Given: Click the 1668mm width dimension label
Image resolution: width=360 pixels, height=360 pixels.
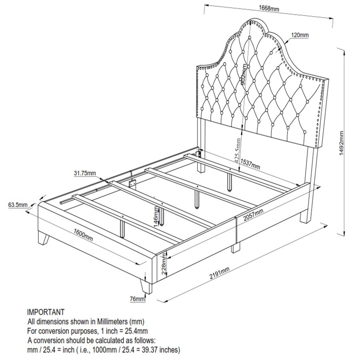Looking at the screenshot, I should click(x=269, y=8).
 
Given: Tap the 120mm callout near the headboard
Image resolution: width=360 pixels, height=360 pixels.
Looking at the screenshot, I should click(x=300, y=35).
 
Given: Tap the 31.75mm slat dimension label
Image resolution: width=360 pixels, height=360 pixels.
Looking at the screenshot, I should click(x=85, y=173).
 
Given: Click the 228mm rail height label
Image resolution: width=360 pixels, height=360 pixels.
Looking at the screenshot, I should click(x=163, y=264).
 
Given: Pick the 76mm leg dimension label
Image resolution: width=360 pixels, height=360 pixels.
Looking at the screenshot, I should click(x=137, y=299).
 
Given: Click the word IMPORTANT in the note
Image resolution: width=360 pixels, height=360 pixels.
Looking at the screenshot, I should click(x=46, y=312).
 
